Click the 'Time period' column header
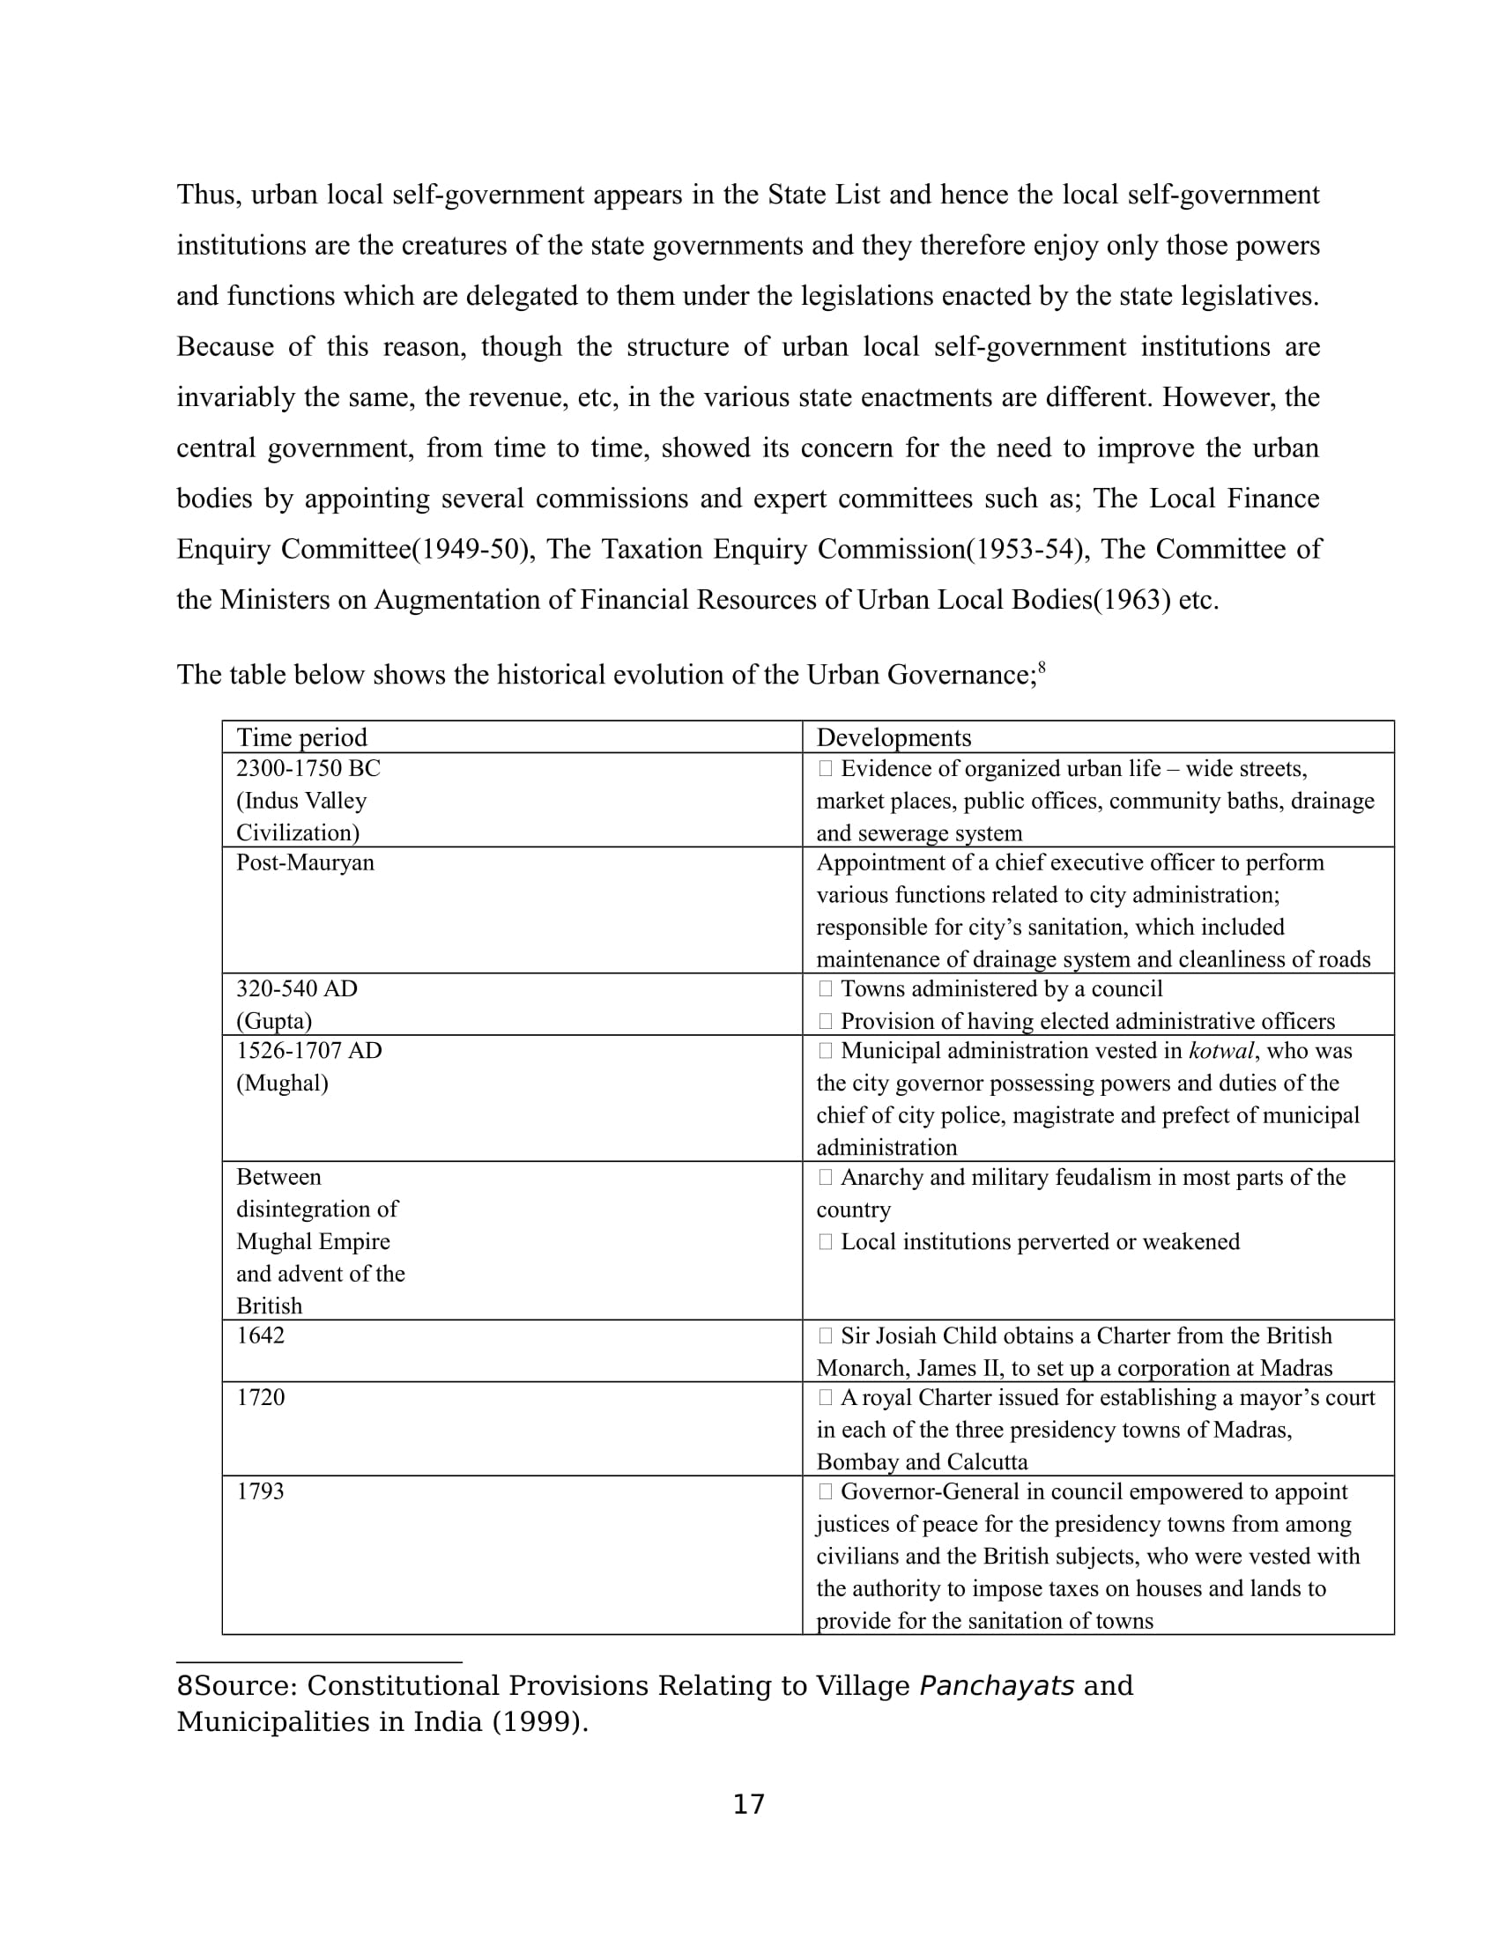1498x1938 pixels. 300,737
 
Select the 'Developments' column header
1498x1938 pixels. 893,737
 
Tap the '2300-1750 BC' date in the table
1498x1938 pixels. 307,768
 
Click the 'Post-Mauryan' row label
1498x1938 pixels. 304,862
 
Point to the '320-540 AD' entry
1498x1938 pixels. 296,988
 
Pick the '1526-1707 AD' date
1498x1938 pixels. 308,1051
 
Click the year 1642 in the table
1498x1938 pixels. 260,1335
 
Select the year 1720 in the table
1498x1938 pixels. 260,1398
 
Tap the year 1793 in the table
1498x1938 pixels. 260,1491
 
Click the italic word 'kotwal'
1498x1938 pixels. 1221,1051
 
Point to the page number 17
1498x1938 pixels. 748,1804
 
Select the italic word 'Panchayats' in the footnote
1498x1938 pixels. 997,1685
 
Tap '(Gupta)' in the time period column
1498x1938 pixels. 273,1020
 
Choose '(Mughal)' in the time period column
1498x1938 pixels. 281,1083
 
